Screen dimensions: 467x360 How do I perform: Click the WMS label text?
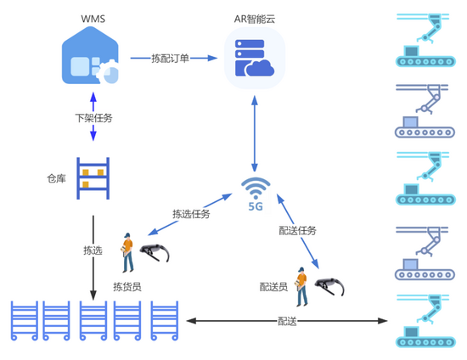[x=93, y=19]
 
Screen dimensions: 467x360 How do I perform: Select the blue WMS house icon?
[x=90, y=56]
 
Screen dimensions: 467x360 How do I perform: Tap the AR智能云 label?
[x=255, y=19]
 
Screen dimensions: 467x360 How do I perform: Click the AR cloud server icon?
[x=255, y=58]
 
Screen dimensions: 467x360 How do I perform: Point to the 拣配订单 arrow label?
[x=170, y=58]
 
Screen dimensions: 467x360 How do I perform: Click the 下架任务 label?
[x=93, y=118]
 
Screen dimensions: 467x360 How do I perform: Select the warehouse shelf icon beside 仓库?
[x=93, y=178]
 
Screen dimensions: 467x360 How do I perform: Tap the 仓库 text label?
[x=56, y=178]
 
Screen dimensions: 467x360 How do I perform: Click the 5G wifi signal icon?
[x=256, y=194]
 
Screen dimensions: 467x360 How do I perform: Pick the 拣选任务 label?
[x=191, y=214]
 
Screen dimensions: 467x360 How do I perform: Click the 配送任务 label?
[x=297, y=230]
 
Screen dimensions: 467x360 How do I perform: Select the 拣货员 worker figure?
[x=127, y=252]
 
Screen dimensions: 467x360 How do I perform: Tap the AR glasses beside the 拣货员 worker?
[x=155, y=252]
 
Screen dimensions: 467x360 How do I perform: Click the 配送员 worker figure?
[x=302, y=287]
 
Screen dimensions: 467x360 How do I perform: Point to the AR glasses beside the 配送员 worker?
[x=329, y=286]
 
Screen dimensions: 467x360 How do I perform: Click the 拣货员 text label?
[x=127, y=287]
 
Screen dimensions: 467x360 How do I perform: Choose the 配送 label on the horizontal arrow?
[x=287, y=321]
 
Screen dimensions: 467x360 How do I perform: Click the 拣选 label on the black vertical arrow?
[x=93, y=250]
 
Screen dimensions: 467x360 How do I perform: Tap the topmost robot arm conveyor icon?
[x=425, y=40]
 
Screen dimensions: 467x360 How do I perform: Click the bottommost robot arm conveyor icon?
[x=425, y=321]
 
